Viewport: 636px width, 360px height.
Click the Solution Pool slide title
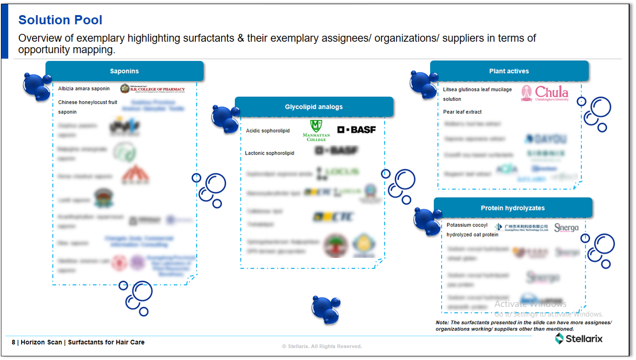(x=60, y=20)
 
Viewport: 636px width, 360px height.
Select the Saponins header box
(x=124, y=71)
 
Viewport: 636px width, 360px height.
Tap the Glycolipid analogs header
(x=314, y=107)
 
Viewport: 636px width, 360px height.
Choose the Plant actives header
(x=509, y=71)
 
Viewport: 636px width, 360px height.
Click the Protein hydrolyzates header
(x=513, y=208)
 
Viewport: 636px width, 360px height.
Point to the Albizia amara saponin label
(x=84, y=89)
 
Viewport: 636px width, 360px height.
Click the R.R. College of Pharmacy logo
(x=153, y=89)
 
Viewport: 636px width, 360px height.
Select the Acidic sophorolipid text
(x=268, y=131)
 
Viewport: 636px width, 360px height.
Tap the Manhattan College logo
(x=316, y=130)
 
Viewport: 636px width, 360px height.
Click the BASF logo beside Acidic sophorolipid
(x=356, y=130)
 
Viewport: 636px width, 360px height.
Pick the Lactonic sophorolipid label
(x=270, y=153)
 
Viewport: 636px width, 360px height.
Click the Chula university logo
(x=545, y=93)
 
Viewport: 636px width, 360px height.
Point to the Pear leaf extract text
(x=462, y=112)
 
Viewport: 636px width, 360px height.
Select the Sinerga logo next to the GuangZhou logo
(x=566, y=227)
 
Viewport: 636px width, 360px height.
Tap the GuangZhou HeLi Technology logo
(x=522, y=227)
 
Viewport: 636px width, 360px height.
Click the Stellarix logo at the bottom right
(x=579, y=339)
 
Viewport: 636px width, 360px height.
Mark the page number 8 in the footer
(x=13, y=342)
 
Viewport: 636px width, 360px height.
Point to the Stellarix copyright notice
(x=322, y=346)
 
